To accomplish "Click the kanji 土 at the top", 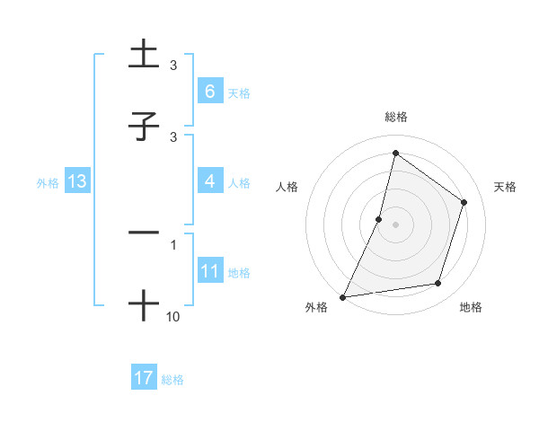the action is click(144, 56).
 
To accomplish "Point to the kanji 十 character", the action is click(144, 304).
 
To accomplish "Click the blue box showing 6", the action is click(209, 91).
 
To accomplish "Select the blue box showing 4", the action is click(209, 181).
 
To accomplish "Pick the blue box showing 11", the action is click(209, 271).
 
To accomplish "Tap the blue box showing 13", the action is click(77, 181).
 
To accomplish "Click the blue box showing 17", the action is click(144, 378).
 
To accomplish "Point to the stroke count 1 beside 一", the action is click(173, 243).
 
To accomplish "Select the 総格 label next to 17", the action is click(172, 380).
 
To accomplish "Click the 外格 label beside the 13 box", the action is click(48, 182).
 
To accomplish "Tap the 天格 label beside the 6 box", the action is click(238, 92).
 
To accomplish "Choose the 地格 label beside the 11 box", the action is click(239, 273).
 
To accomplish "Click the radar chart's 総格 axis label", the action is click(396, 117).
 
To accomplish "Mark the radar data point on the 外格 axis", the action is click(343, 296).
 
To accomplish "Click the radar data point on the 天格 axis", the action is click(464, 202).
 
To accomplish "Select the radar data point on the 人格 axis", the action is click(379, 219).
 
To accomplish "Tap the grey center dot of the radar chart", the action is click(396, 224).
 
